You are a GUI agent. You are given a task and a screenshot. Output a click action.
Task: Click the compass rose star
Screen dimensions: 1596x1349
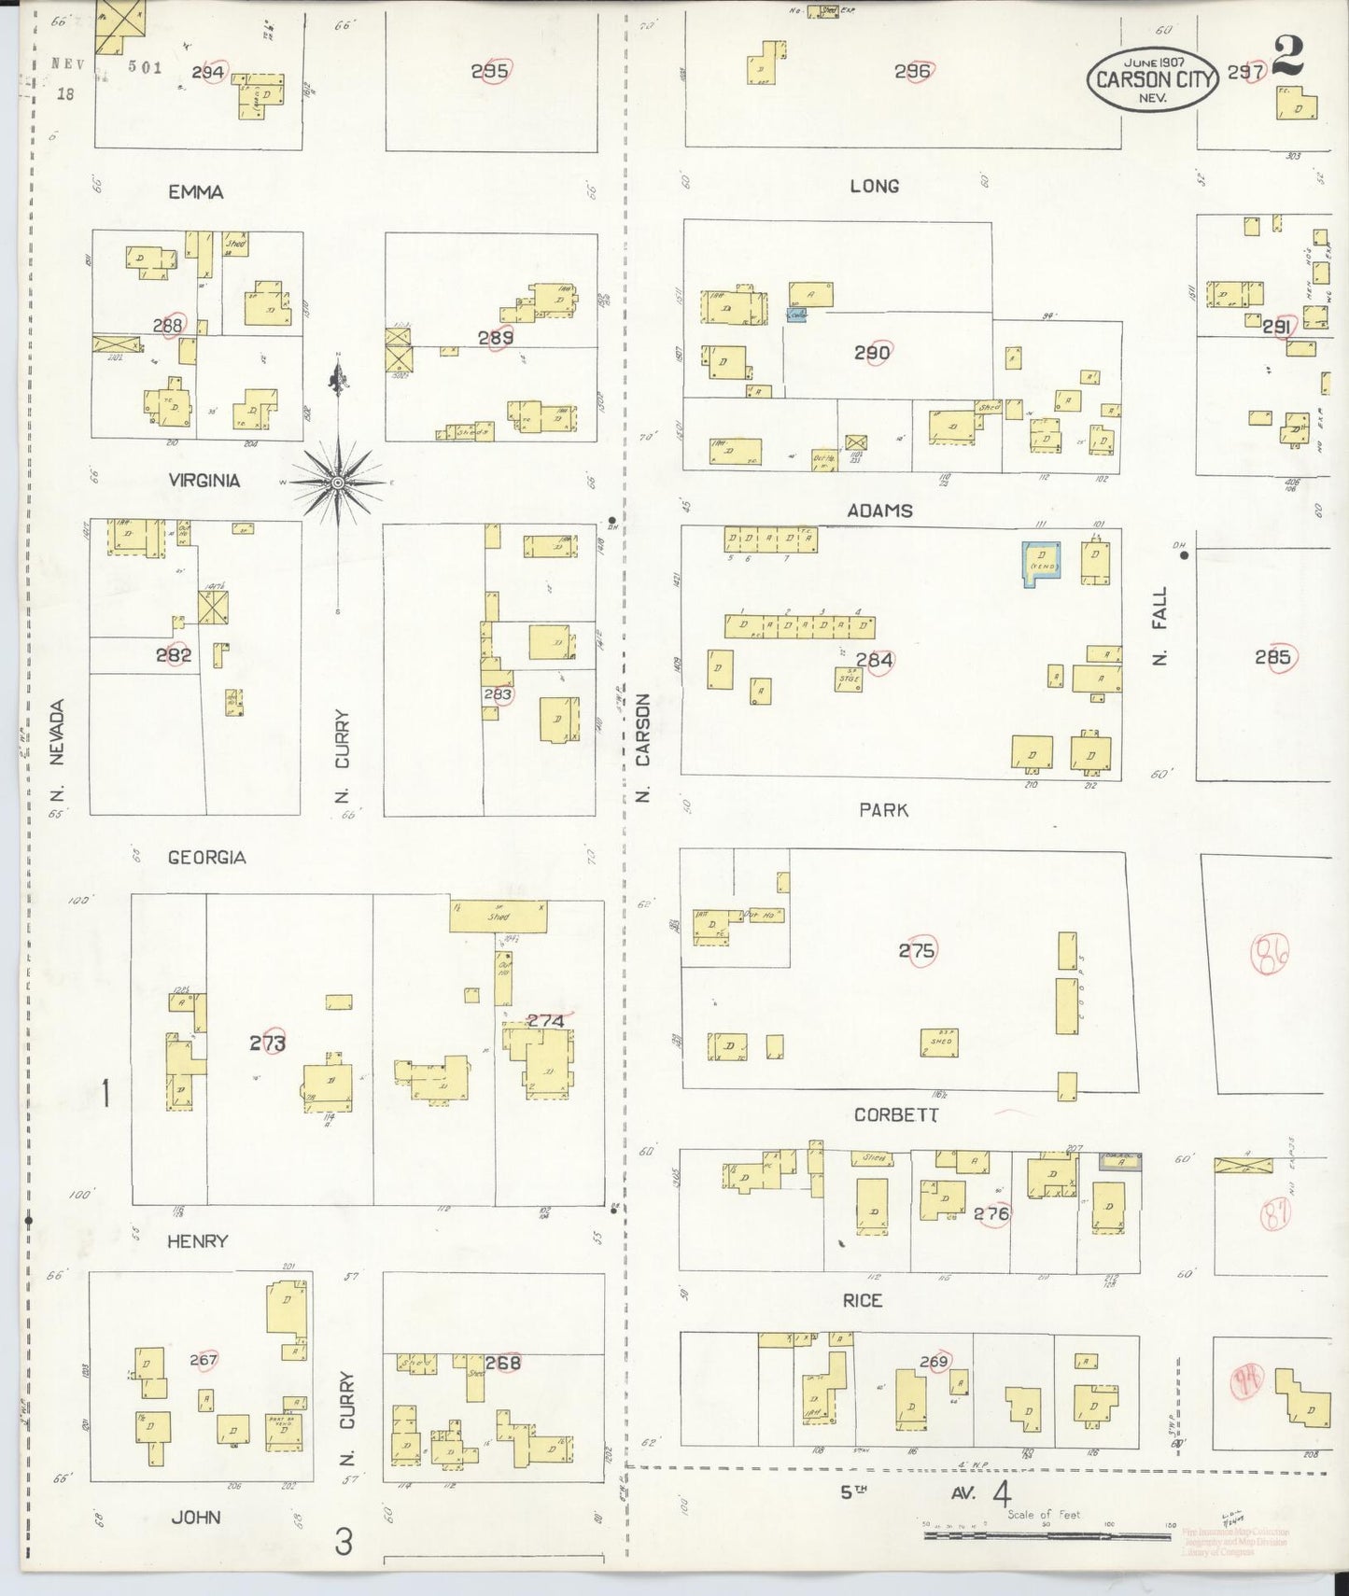337,483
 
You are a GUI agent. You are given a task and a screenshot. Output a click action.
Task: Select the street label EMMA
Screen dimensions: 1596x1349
195,192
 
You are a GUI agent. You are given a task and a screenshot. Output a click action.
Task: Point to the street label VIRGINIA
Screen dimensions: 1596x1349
204,481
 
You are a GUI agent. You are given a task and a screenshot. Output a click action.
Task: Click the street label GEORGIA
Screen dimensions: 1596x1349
206,857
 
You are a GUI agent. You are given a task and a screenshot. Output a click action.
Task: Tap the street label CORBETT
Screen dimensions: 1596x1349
896,1115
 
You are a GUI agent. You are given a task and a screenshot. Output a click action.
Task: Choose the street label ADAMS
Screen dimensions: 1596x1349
879,511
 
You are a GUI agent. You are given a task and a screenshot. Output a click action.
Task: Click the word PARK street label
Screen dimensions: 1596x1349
883,810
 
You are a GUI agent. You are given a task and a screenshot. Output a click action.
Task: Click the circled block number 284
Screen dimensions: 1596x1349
875,661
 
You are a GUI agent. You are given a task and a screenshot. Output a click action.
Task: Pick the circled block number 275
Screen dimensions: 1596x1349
917,951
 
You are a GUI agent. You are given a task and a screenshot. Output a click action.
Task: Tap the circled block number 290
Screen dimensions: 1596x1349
872,353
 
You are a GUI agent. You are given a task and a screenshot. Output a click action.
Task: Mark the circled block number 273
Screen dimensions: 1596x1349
267,1043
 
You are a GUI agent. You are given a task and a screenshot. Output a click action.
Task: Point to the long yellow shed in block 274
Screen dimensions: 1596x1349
498,916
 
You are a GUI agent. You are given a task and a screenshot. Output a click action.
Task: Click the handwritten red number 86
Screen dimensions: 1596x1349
1269,956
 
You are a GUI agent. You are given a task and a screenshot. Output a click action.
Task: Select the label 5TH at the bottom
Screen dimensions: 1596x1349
853,1491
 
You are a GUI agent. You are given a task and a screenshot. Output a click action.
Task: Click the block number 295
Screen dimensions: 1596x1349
489,71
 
